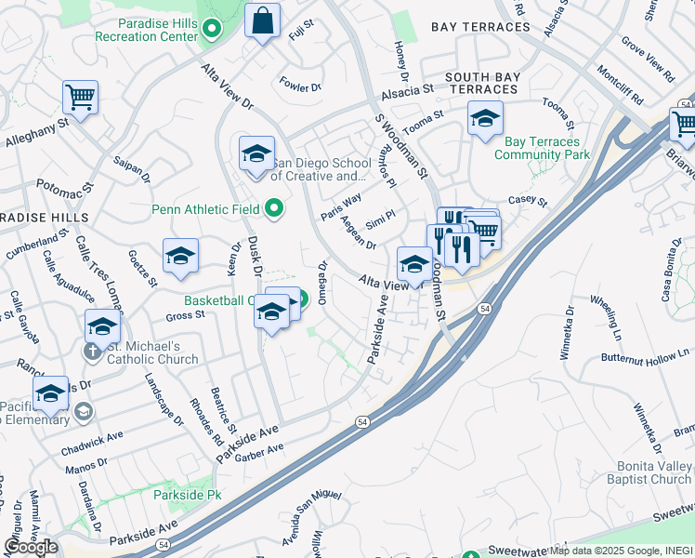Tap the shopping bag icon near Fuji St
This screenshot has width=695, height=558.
(x=263, y=20)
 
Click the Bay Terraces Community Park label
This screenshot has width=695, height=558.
(x=542, y=148)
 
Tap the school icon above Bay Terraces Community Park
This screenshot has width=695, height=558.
(x=485, y=118)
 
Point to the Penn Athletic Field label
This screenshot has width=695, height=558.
(x=205, y=209)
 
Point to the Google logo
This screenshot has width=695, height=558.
(x=31, y=546)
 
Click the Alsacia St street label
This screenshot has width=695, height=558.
(x=406, y=94)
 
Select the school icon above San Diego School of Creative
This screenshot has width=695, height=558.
(x=256, y=153)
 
